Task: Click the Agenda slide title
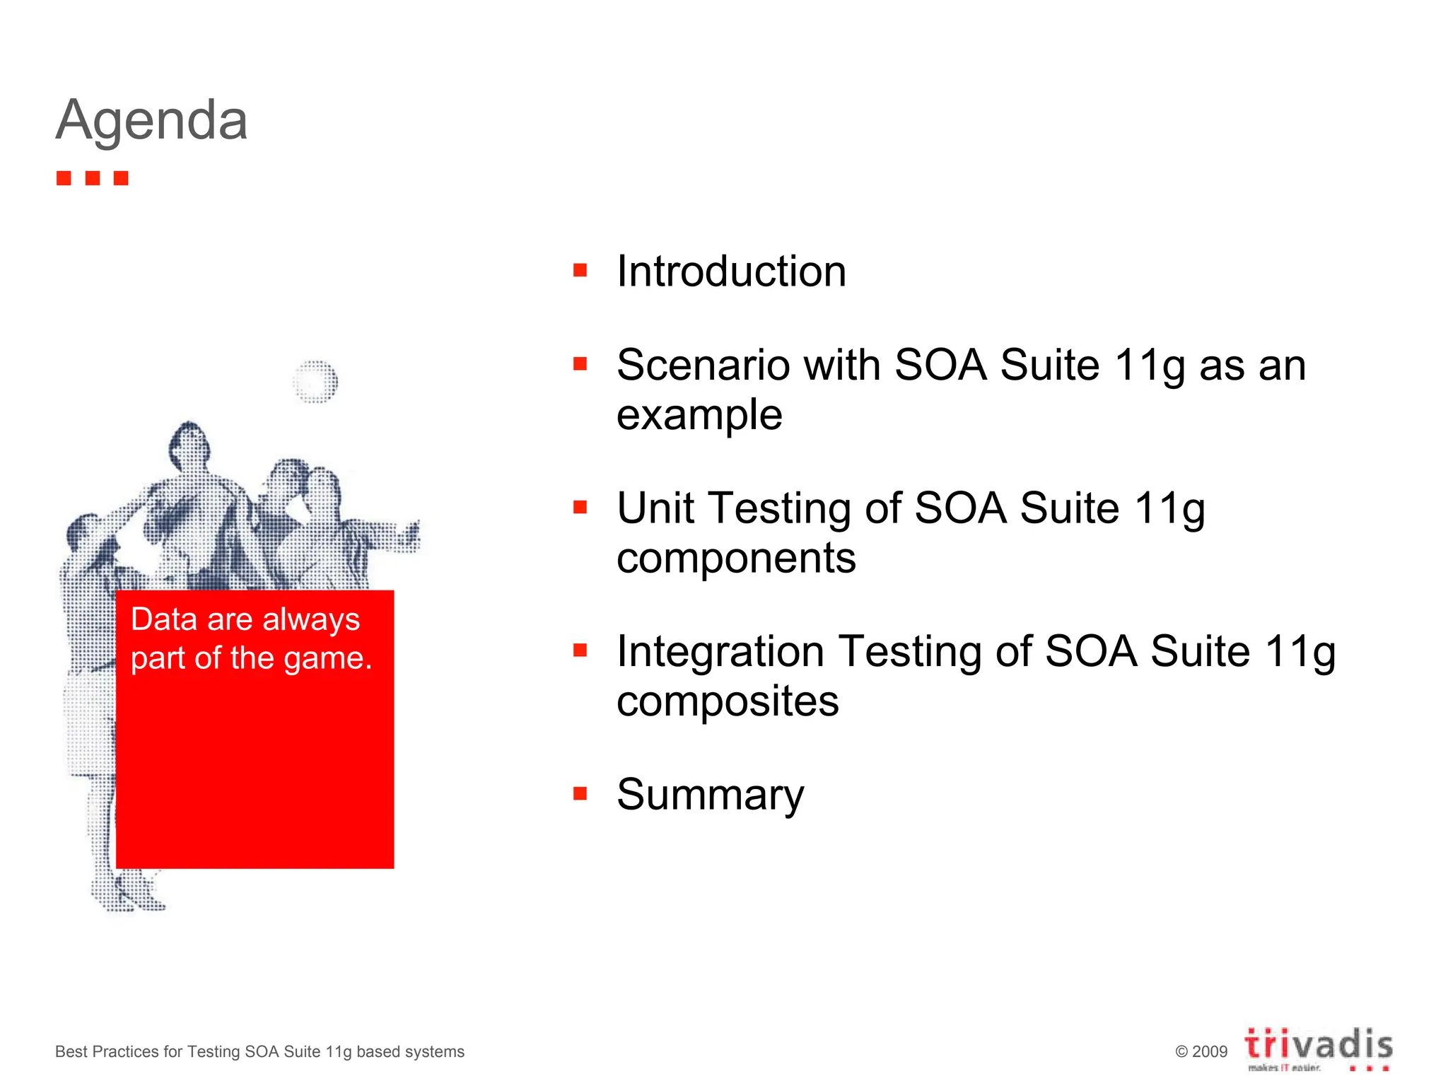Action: [x=151, y=120]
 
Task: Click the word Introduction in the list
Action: [x=731, y=271]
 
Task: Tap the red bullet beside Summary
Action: [x=580, y=793]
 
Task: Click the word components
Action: [x=736, y=559]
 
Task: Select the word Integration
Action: [x=720, y=651]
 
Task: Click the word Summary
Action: [x=710, y=795]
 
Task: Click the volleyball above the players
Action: [x=315, y=382]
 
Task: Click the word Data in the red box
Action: [x=164, y=619]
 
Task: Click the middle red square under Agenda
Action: [x=93, y=178]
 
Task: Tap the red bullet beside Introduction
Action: [x=580, y=270]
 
